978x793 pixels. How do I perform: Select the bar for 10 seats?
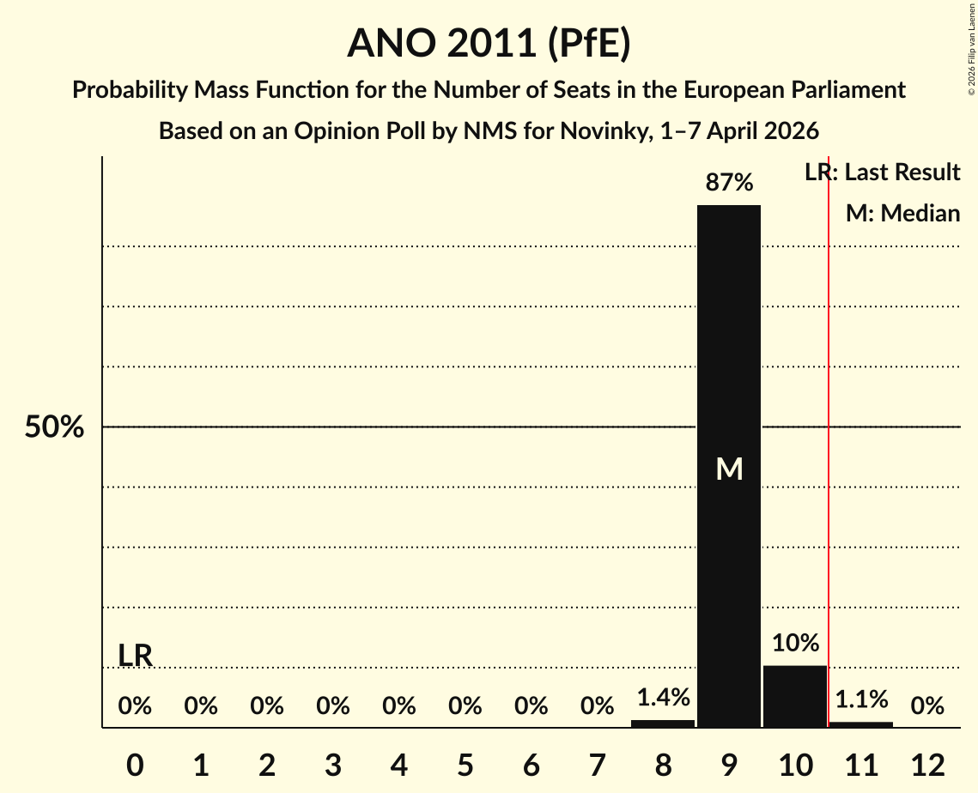point(795,696)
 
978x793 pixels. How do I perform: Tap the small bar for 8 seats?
point(663,723)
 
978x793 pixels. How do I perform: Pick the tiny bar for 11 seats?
point(861,724)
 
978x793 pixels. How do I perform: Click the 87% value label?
point(729,183)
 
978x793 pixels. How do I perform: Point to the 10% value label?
point(795,644)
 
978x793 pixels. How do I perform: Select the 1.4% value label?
point(663,699)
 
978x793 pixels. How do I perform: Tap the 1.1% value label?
point(861,700)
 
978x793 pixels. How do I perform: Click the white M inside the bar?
point(729,469)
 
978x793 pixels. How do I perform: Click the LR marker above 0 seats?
point(136,656)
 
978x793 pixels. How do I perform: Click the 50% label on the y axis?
point(54,427)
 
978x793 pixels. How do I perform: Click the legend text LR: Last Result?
point(882,173)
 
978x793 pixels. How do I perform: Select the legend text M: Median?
point(902,213)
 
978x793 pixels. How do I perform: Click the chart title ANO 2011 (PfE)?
point(489,44)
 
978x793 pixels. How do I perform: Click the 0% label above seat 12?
point(927,706)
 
